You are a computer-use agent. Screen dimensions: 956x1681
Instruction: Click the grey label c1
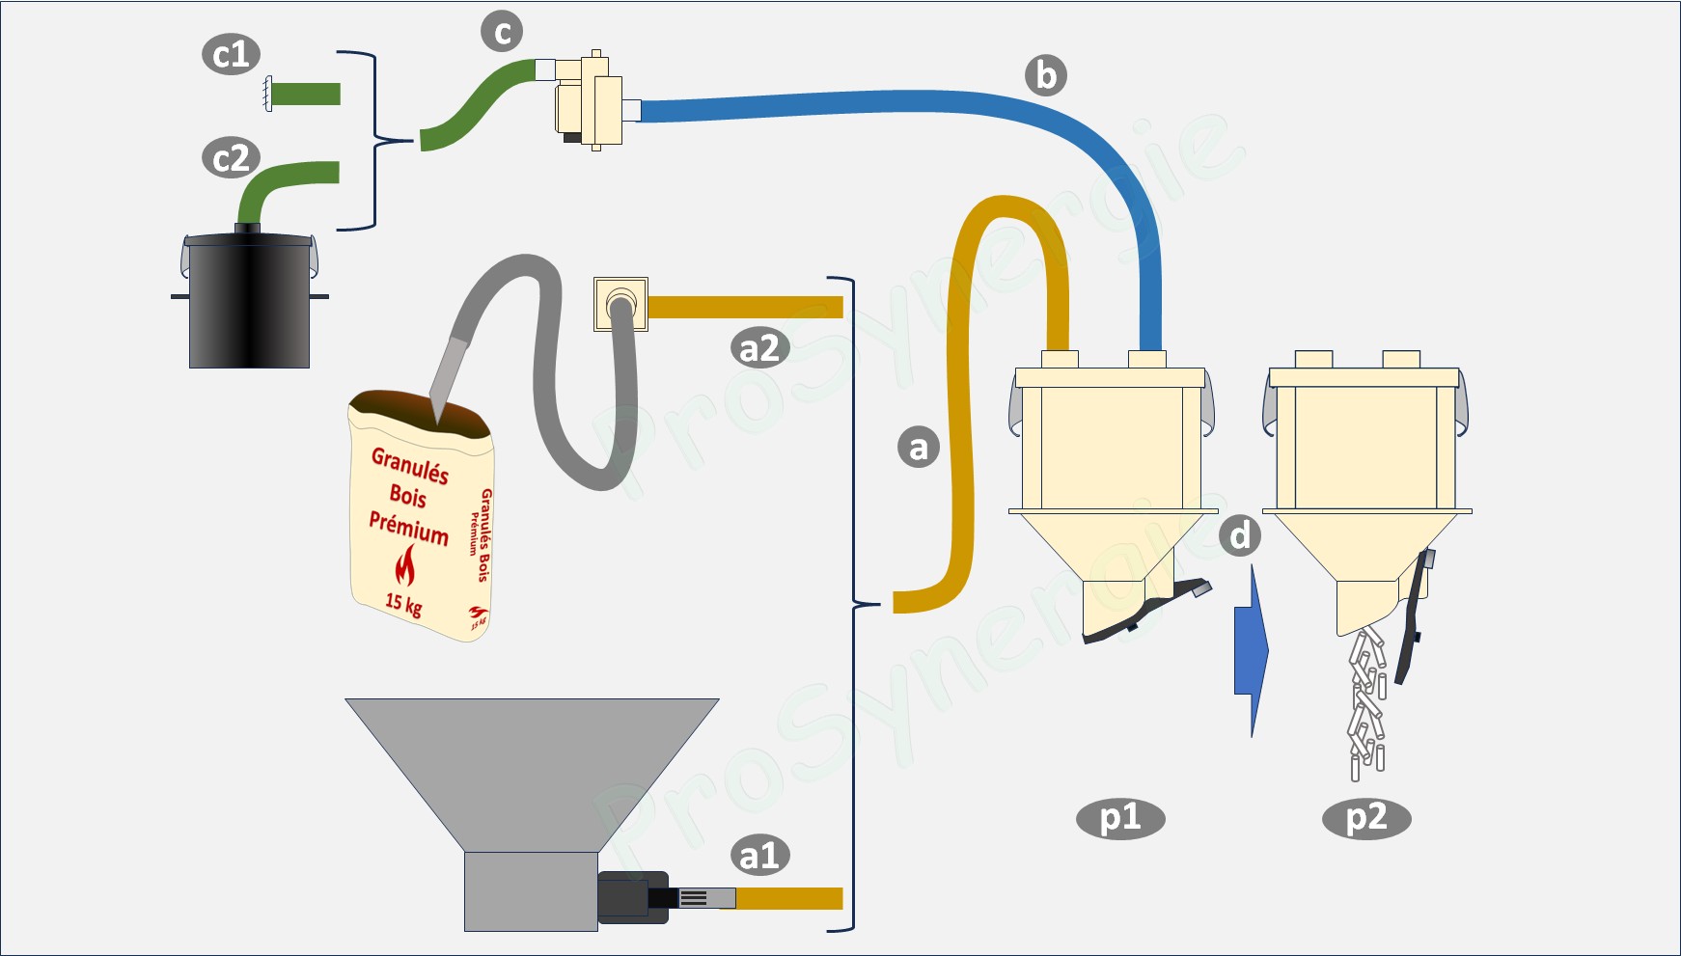pyautogui.click(x=231, y=54)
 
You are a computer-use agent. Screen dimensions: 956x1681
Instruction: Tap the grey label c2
pyautogui.click(x=231, y=157)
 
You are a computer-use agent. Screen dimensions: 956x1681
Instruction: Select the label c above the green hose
pyautogui.click(x=502, y=32)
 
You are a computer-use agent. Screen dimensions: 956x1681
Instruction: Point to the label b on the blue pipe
pyautogui.click(x=1045, y=75)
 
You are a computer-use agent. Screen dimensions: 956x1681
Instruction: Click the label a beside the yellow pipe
pyautogui.click(x=918, y=447)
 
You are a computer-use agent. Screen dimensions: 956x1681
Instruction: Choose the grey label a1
pyautogui.click(x=759, y=855)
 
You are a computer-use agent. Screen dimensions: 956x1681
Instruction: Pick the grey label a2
pyautogui.click(x=759, y=347)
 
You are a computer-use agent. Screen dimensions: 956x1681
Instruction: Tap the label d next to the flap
pyautogui.click(x=1240, y=534)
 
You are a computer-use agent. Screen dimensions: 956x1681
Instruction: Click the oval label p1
pyautogui.click(x=1119, y=818)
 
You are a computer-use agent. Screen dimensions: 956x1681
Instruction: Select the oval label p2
pyautogui.click(x=1365, y=818)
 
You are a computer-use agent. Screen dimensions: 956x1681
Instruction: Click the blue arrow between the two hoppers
pyautogui.click(x=1251, y=651)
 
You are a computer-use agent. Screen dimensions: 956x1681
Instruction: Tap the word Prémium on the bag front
pyautogui.click(x=409, y=528)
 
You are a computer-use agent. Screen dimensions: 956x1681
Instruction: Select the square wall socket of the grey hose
pyautogui.click(x=620, y=304)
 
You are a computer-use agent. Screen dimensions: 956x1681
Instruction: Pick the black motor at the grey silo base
pyautogui.click(x=633, y=897)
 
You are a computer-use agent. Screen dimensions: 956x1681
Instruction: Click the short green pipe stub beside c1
pyautogui.click(x=305, y=94)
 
